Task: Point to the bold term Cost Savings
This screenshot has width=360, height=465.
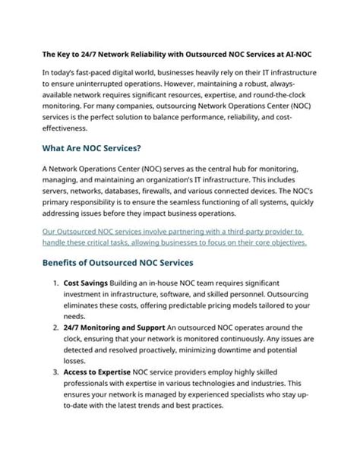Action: tap(85, 282)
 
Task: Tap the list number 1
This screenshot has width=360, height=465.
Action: tap(56, 282)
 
